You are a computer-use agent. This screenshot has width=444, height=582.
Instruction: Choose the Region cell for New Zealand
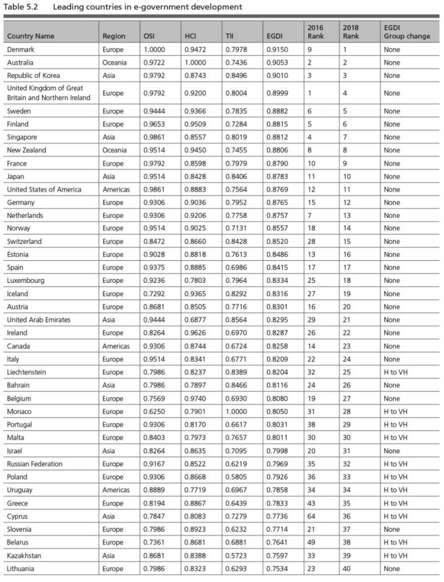point(114,150)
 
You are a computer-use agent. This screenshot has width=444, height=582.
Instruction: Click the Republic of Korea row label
point(33,76)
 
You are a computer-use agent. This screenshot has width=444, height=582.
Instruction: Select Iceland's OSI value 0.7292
point(154,294)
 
